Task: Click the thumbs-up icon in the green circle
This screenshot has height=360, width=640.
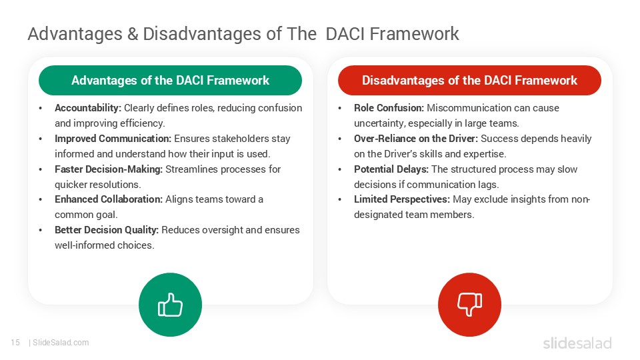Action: coord(170,305)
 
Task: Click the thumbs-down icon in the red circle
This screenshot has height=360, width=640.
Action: coord(469,305)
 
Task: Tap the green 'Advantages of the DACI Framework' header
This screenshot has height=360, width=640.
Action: coord(170,81)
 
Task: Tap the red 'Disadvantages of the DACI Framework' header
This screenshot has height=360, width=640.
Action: coord(469,81)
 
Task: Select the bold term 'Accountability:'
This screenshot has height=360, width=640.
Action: coord(88,108)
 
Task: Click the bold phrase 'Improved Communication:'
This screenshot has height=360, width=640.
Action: coord(113,139)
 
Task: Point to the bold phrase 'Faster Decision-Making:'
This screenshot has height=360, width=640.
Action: coord(109,169)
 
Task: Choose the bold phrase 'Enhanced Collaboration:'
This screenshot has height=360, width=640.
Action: coord(109,199)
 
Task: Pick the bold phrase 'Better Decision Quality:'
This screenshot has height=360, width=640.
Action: coord(107,230)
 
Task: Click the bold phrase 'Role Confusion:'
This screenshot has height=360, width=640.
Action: coord(389,108)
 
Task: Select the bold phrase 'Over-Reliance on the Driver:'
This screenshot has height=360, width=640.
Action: coord(416,139)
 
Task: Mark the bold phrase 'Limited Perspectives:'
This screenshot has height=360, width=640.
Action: coord(402,199)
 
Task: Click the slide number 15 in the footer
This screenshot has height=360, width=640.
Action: coord(15,343)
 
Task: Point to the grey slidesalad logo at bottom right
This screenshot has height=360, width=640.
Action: coord(577,343)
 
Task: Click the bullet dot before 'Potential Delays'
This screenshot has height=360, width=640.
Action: coord(341,169)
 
